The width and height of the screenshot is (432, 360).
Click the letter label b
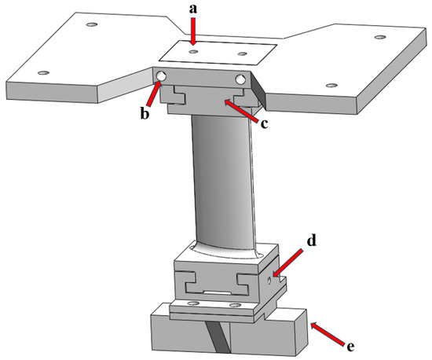[x=145, y=112]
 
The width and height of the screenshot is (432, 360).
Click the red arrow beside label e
[x=330, y=332]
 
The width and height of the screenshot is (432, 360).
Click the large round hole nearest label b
[x=162, y=76]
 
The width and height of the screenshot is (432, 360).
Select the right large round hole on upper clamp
[x=240, y=79]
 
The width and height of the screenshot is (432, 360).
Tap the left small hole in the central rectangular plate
[x=193, y=53]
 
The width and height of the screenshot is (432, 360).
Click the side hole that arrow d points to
[x=271, y=277]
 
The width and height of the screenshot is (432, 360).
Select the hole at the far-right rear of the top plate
[x=381, y=38]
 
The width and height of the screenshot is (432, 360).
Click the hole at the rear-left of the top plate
[x=91, y=25]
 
